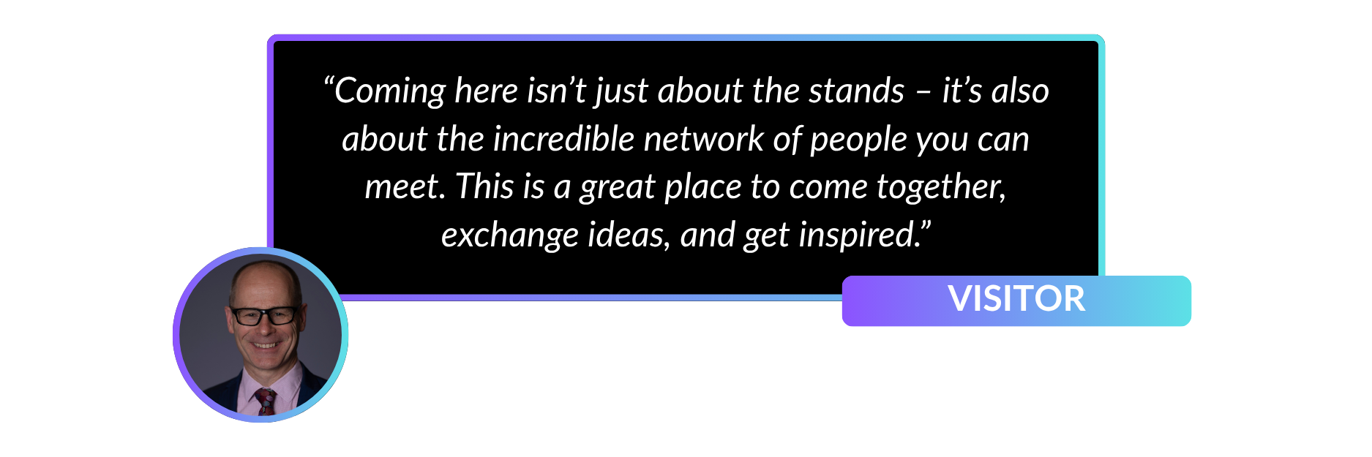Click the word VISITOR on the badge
1016,298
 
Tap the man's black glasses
263,315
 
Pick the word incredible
564,139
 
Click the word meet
405,187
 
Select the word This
484,186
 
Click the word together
941,188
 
